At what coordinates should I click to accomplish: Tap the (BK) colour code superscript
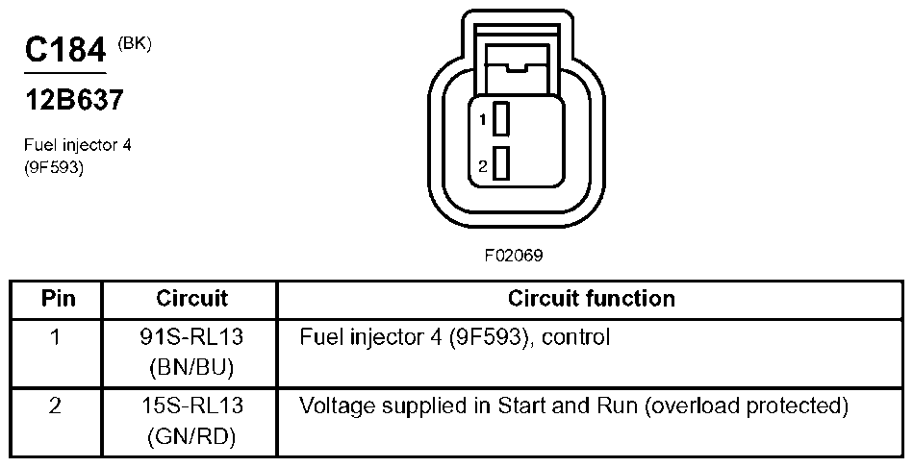coord(134,42)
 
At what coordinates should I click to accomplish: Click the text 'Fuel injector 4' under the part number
coord(76,145)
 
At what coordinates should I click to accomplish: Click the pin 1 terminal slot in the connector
coord(499,120)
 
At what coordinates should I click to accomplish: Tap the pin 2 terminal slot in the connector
coord(499,163)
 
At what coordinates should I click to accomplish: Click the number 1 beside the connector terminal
coord(484,120)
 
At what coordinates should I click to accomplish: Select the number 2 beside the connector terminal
coord(484,166)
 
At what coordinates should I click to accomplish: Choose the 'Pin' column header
coord(58,298)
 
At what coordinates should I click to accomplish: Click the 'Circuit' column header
coord(191,298)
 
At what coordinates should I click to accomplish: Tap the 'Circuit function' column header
coord(591,298)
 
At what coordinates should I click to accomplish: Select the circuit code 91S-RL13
coord(192,338)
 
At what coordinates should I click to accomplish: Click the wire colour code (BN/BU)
coord(192,367)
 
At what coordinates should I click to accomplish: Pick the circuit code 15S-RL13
coord(192,406)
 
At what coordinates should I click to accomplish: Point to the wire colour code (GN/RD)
coord(192,436)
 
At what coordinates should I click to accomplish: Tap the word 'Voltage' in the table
coord(334,406)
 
